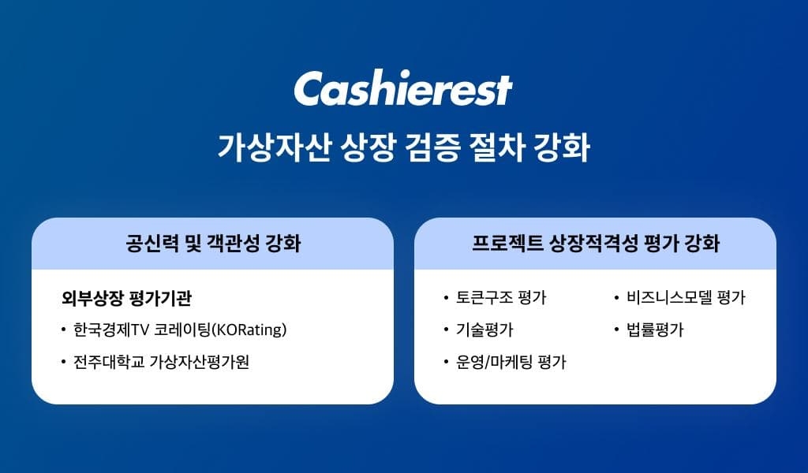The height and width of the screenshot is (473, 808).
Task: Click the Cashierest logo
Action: pos(403,90)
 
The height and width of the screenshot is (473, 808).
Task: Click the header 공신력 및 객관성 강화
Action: pos(212,244)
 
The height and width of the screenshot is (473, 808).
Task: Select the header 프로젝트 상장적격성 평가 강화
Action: pos(595,244)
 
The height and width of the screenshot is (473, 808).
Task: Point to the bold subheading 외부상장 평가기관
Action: pos(126,299)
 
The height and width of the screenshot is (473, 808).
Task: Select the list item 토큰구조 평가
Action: pos(500,298)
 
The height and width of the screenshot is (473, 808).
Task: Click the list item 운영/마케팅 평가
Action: pos(511,362)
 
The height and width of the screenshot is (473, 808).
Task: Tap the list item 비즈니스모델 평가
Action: pos(686,298)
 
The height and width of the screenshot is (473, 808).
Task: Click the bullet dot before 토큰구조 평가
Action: pos(446,299)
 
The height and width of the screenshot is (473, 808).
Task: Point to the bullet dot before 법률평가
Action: pos(616,330)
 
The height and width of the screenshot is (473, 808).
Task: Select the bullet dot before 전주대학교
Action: pos(62,363)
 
